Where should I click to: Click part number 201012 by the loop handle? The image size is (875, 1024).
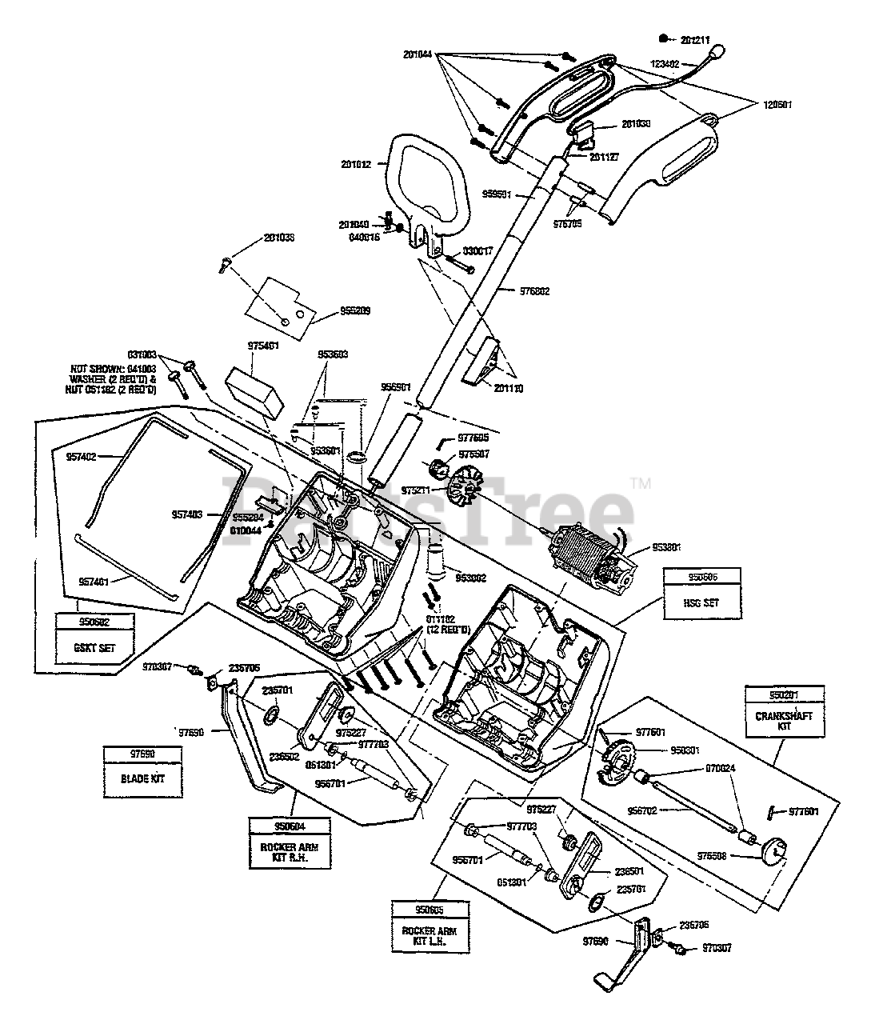click(356, 165)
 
